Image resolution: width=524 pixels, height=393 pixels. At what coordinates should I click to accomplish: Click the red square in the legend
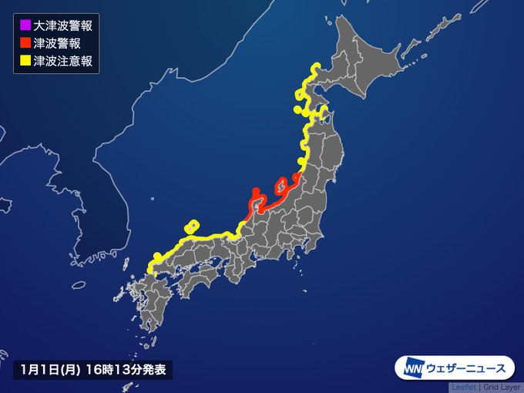(x=24, y=43)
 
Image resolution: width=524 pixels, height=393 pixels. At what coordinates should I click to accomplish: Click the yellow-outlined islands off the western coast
(x=192, y=227)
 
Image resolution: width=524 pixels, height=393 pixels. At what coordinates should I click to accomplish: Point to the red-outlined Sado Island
(x=282, y=185)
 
